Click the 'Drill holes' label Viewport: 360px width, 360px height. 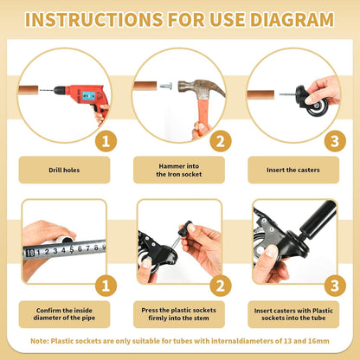point(64,170)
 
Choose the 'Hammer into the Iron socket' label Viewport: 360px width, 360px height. point(179,170)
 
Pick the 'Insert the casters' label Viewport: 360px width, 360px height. point(293,170)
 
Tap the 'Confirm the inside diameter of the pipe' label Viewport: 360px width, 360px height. point(64,314)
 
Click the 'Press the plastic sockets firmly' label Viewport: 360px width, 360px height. point(178,314)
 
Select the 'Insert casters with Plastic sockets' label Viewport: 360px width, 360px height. point(293,314)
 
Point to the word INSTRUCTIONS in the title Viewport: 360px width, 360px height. point(94,20)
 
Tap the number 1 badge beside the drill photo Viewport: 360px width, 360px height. point(106,141)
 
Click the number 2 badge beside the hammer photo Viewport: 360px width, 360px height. point(221,141)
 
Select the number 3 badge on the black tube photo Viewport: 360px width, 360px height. point(335,286)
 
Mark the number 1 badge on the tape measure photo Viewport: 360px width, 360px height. point(106,286)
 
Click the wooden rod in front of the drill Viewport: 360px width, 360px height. point(28,90)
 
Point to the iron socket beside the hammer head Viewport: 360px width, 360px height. point(165,86)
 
